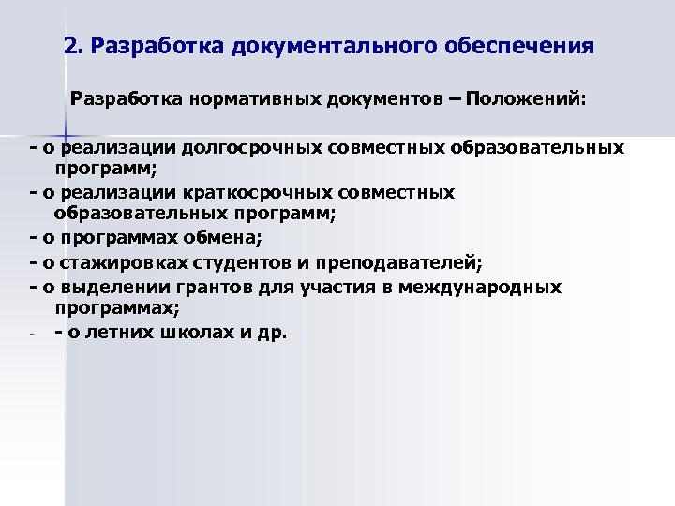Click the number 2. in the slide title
[74, 44]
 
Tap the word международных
[480, 287]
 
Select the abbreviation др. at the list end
[271, 332]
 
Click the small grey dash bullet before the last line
[33, 335]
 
